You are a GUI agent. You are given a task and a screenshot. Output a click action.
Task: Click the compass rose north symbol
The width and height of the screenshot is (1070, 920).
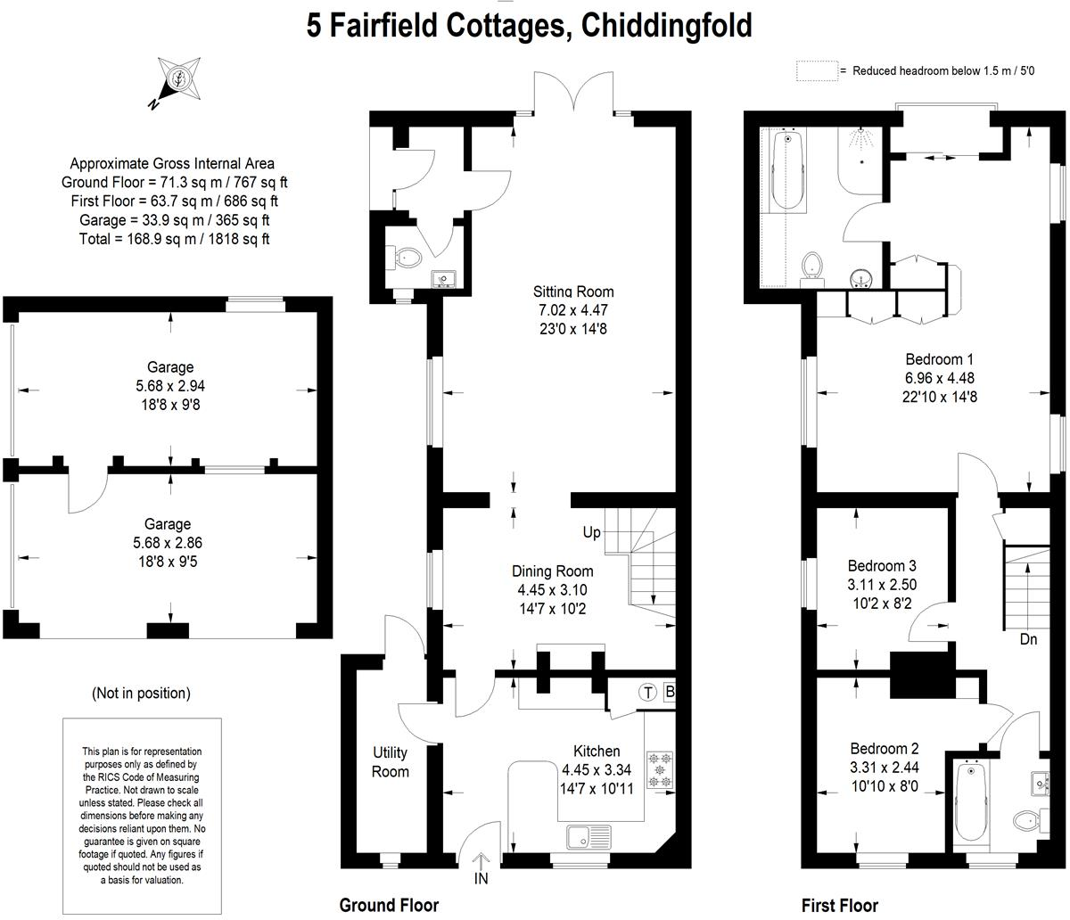tap(178, 78)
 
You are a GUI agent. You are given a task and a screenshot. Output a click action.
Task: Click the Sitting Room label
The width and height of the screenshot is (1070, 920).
tap(573, 292)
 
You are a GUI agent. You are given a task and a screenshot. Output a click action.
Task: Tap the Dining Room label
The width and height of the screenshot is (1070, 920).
tap(552, 571)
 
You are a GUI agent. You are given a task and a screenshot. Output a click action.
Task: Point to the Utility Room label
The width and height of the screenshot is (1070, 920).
tap(390, 762)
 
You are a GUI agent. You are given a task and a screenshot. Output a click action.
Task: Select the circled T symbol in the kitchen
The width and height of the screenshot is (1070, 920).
tap(647, 693)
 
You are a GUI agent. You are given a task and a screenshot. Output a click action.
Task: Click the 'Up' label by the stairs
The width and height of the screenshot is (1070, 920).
tap(591, 533)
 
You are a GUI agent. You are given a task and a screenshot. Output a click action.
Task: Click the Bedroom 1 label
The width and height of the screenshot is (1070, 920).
tap(939, 359)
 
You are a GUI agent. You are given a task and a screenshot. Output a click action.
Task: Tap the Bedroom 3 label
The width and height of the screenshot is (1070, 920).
tap(882, 566)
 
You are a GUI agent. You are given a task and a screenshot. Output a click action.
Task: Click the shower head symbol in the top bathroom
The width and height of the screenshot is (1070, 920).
tap(860, 139)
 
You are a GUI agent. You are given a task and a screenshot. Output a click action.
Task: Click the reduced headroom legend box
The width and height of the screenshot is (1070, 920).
tap(816, 71)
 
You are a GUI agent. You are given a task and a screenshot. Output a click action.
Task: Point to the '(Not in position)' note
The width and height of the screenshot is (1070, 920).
tap(141, 693)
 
